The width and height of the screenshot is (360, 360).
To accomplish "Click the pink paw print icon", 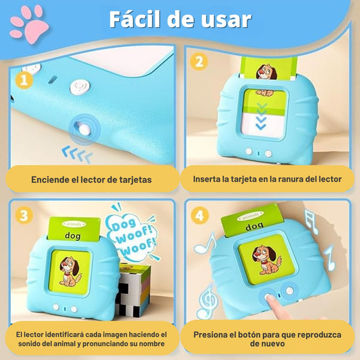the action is [x=29, y=24].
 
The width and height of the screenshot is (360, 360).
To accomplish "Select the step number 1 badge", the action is [x=24, y=80].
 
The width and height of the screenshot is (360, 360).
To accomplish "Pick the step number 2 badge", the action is [x=199, y=62].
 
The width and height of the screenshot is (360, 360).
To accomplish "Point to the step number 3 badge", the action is [x=24, y=215].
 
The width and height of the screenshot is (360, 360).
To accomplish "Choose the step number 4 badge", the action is [x=200, y=215].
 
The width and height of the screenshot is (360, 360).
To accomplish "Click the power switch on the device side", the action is [x=84, y=129].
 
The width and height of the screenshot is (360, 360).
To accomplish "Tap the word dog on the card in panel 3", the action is [x=73, y=236].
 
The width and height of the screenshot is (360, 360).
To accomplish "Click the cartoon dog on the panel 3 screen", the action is [x=70, y=272].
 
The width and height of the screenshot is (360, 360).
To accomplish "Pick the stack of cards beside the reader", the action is [x=133, y=290].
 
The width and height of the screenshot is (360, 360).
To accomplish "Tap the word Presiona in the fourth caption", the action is [x=210, y=335].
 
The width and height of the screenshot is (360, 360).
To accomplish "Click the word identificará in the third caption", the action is [x=62, y=335].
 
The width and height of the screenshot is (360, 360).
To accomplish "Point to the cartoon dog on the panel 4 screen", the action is [x=266, y=260].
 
